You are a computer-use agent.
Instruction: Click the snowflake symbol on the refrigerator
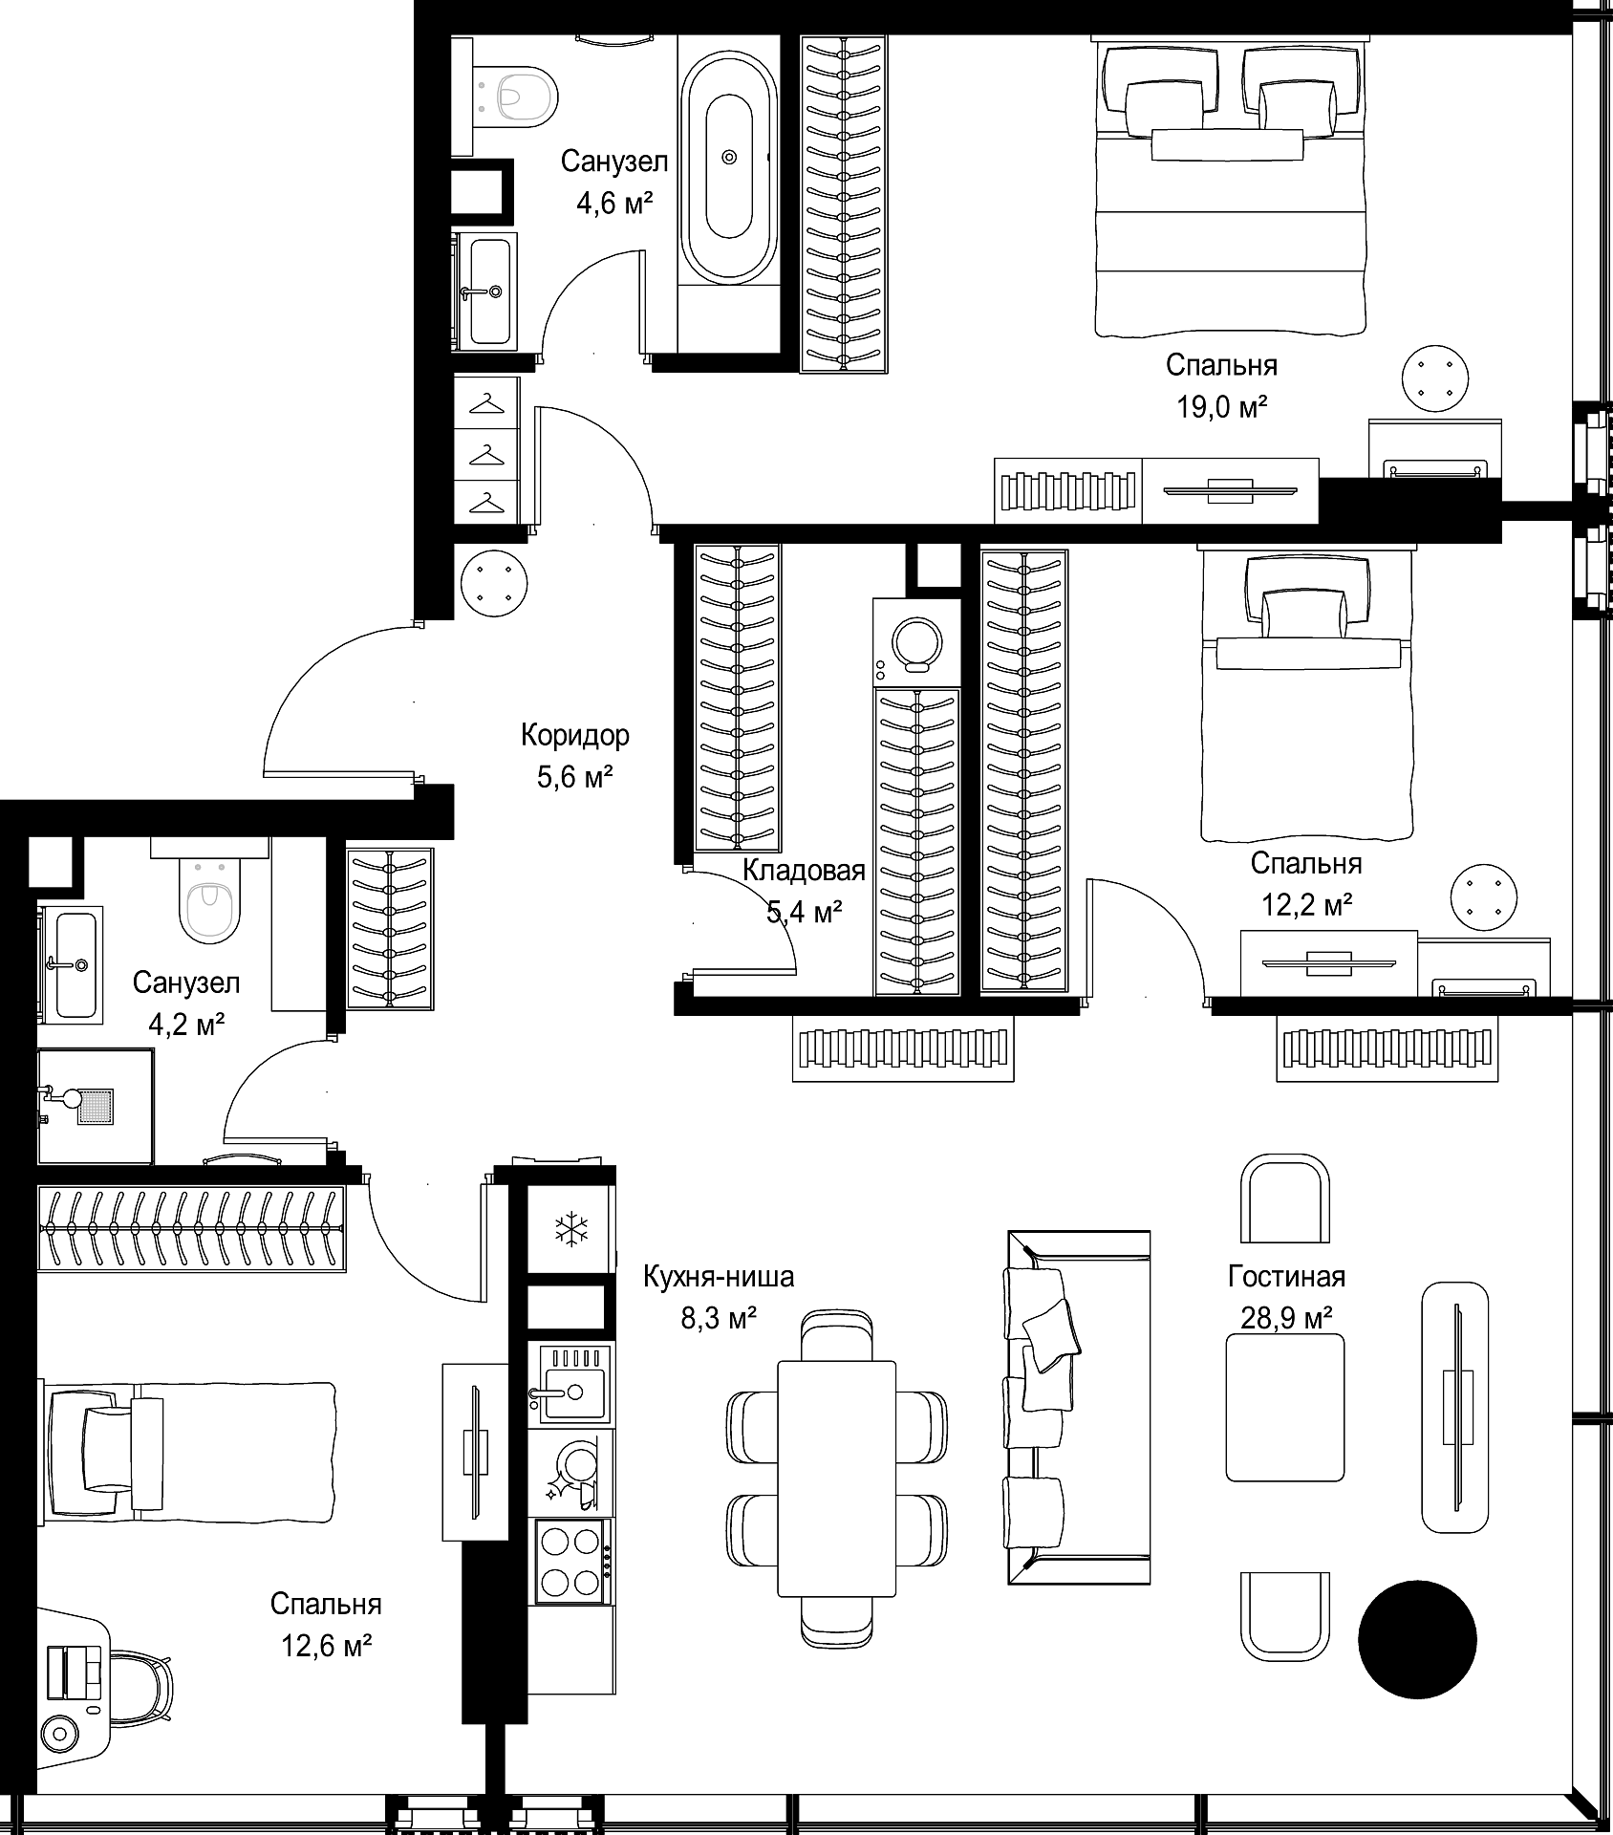(x=570, y=1229)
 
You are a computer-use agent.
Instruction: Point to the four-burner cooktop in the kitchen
(x=570, y=1562)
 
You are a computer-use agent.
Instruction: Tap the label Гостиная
(x=1286, y=1277)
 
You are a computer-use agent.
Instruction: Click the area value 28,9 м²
(x=1286, y=1319)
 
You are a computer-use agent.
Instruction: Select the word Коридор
(x=575, y=735)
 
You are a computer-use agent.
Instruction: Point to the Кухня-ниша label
(x=719, y=1277)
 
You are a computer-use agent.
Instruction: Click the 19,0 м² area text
(x=1221, y=408)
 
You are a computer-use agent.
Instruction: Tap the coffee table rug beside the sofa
(x=1286, y=1407)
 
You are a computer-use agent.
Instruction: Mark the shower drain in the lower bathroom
(x=95, y=1106)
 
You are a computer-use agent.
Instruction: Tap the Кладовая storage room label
(x=804, y=871)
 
